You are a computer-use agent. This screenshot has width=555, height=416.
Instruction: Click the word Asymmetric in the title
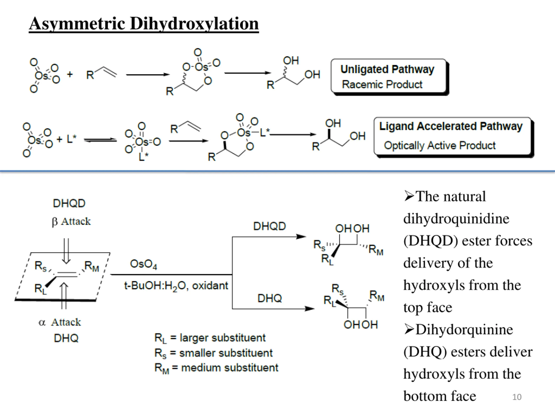pos(77,24)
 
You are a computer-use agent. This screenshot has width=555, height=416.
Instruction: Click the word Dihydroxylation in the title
pos(194,24)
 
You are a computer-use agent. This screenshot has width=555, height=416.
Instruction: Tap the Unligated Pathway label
pos(387,70)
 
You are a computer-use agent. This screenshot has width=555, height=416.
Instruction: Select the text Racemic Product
pos(382,84)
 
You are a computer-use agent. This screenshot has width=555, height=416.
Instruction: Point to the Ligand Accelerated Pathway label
pos(451,126)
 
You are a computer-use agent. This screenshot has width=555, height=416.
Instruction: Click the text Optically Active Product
pos(440,145)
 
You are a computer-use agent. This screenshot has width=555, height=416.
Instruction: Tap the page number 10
pos(517,397)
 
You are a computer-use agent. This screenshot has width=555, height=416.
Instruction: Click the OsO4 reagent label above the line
pos(144,264)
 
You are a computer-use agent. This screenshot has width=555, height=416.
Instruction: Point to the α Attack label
pos(60,322)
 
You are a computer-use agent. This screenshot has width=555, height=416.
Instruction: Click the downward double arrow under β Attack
pos(66,251)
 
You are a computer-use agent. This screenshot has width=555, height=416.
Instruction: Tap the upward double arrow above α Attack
pos(64,296)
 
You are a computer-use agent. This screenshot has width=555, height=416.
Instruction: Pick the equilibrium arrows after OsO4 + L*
pos(100,140)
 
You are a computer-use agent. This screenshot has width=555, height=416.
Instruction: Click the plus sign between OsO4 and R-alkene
pos(70,74)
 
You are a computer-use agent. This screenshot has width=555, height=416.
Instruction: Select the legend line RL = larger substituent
pos(210,338)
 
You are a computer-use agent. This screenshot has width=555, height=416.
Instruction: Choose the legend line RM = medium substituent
pos(217,368)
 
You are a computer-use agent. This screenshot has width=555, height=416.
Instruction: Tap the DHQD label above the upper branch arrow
pos(269,226)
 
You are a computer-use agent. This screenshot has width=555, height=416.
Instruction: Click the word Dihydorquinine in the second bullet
pos(464,330)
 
